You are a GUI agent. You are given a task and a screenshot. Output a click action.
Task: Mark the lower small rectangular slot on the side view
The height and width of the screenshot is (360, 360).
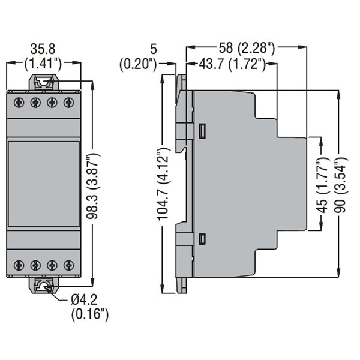pos(202,239)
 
